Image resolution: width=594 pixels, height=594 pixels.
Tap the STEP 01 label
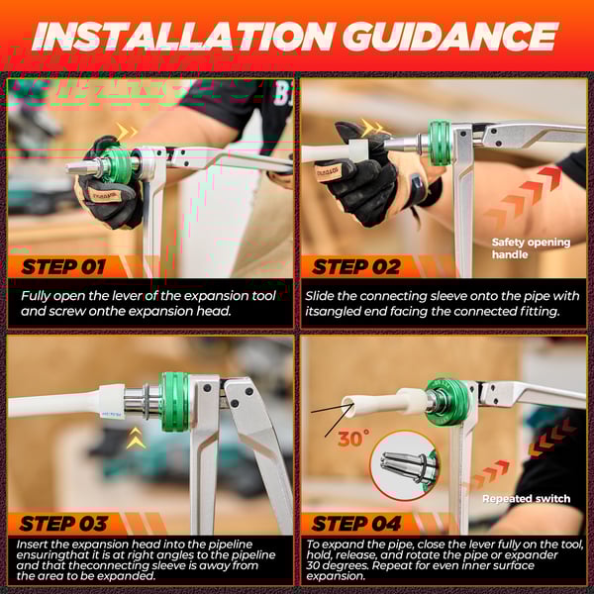(x=62, y=266)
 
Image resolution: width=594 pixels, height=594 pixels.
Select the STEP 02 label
(x=355, y=266)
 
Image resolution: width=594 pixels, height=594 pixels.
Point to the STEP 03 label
(x=62, y=523)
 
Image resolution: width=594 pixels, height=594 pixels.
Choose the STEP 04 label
(x=355, y=523)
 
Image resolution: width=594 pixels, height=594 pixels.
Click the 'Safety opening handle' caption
(x=531, y=248)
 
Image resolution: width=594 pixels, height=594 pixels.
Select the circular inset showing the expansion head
(x=403, y=464)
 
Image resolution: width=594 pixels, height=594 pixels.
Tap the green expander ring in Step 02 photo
(x=439, y=144)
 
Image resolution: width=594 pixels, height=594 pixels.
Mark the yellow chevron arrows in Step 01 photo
(x=127, y=131)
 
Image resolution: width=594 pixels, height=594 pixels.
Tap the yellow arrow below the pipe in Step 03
(x=136, y=440)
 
